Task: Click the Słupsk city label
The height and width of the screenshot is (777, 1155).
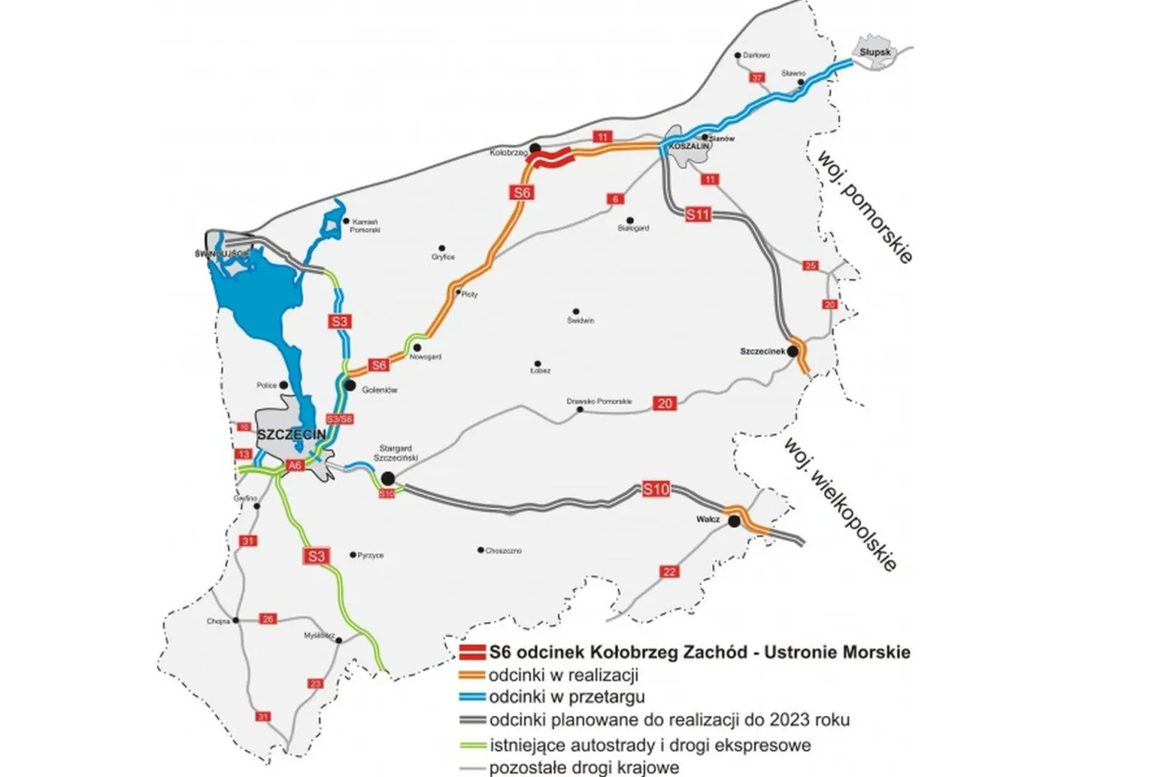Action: coord(875,52)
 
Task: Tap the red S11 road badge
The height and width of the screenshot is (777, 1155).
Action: coord(698,214)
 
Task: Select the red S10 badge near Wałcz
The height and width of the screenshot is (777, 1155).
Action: coord(656,489)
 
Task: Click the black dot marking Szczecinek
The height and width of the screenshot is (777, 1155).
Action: coord(792,352)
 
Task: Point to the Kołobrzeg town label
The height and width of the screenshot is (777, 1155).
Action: coord(508,153)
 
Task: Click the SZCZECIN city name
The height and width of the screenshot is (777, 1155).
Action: coord(292,435)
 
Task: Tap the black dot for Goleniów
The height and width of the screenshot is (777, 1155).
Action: coord(350,385)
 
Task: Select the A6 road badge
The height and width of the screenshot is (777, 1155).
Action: coord(295,465)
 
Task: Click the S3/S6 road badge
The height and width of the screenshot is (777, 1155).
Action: coord(340,419)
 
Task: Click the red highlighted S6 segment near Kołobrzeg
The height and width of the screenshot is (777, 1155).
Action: coord(551,158)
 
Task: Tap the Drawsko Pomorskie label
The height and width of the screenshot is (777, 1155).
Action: coord(599,402)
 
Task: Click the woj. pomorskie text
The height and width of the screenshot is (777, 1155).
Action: coord(865,206)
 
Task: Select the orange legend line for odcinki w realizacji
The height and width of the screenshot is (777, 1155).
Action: coord(471,676)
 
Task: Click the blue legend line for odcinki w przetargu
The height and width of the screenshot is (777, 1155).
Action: coord(471,697)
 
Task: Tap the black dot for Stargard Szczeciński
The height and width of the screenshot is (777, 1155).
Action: coord(387,478)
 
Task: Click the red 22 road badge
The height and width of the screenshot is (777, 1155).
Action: coord(669,572)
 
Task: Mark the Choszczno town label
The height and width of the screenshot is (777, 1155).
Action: coord(503,551)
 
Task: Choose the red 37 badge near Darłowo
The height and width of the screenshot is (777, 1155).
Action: coord(757,78)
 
